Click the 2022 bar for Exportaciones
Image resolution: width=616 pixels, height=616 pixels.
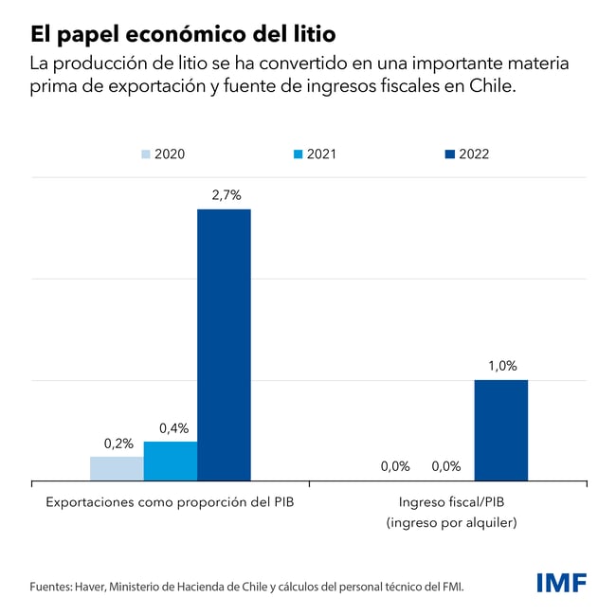click(x=224, y=345)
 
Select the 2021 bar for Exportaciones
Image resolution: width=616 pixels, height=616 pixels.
click(x=171, y=462)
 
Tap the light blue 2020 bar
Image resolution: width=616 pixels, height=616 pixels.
click(x=117, y=469)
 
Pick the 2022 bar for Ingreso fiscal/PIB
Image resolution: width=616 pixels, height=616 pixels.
click(x=500, y=430)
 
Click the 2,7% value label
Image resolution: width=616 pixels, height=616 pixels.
click(x=224, y=195)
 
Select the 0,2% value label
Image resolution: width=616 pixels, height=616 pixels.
click(x=118, y=443)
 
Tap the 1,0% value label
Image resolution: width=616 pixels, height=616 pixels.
click(x=502, y=366)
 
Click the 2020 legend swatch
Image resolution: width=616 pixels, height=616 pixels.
click(x=146, y=154)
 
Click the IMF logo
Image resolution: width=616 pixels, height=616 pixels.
click(x=561, y=582)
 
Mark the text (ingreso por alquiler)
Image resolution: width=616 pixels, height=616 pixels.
click(x=449, y=522)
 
